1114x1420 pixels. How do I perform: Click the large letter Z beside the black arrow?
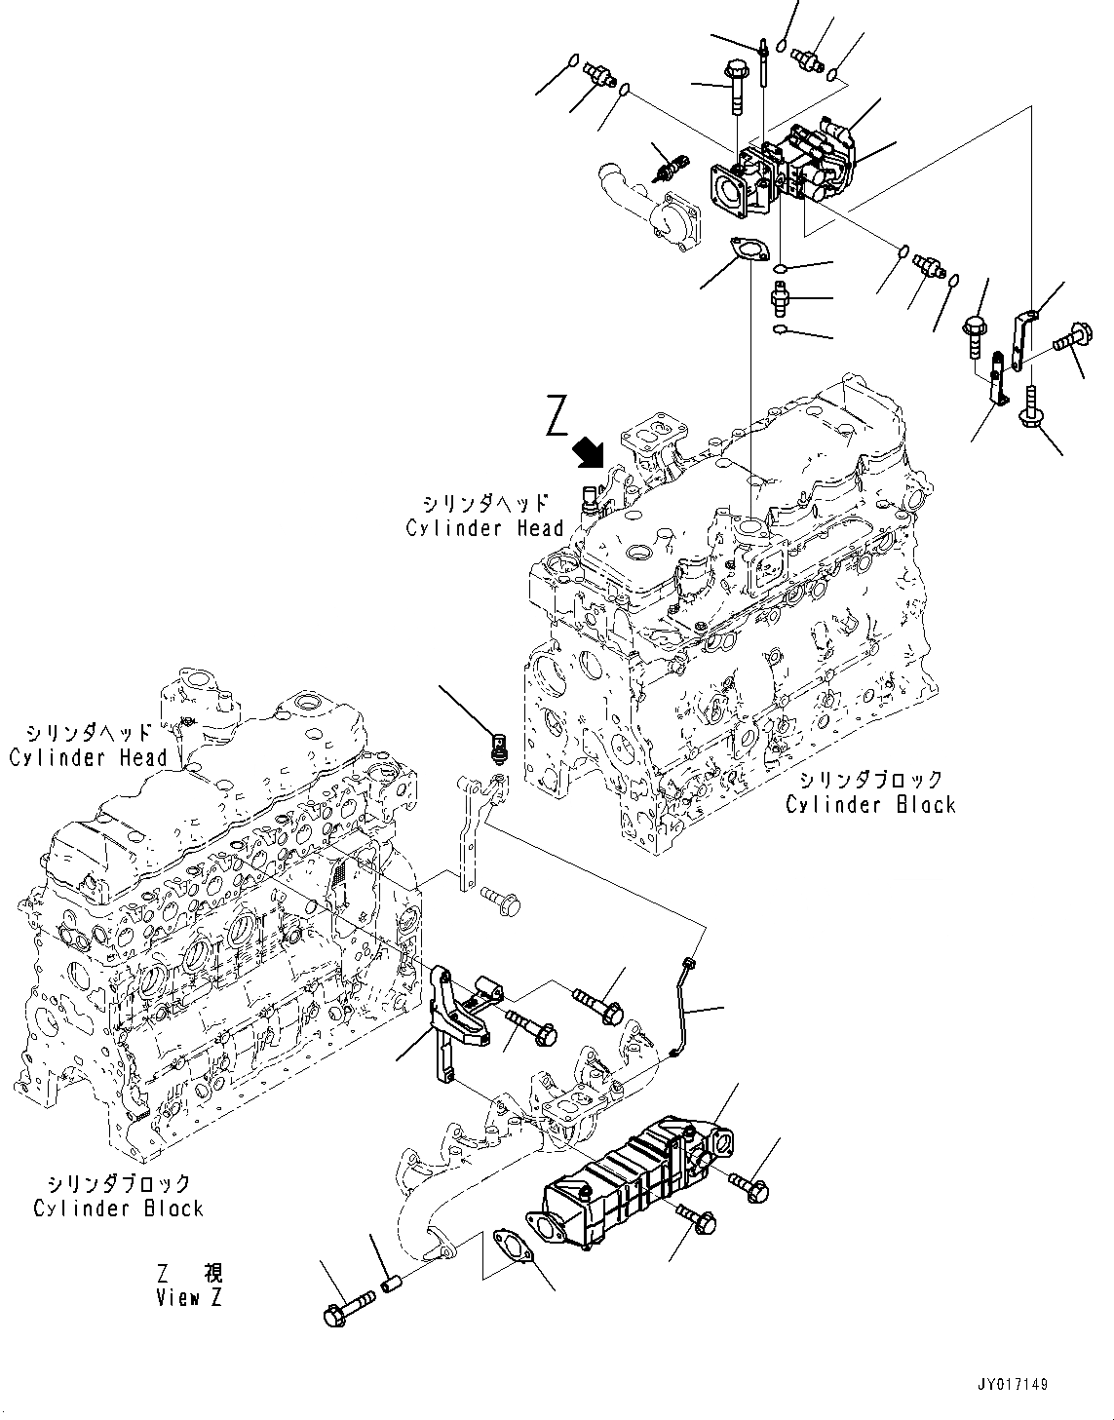click(557, 416)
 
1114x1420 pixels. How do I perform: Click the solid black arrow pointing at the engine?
click(591, 451)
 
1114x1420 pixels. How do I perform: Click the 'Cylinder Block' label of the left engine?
click(118, 1209)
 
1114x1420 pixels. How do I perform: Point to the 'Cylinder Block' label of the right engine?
click(870, 804)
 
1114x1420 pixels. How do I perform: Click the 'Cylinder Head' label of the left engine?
click(89, 756)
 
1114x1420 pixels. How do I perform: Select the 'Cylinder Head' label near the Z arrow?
click(484, 527)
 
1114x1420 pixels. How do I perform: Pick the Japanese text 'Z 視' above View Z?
click(190, 1273)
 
